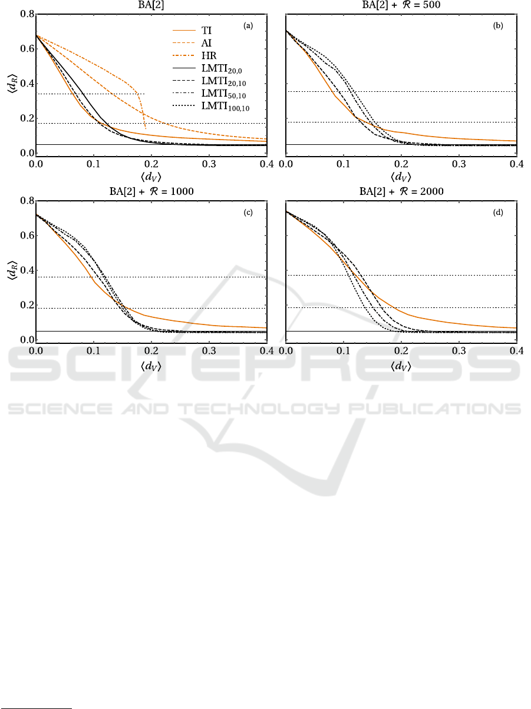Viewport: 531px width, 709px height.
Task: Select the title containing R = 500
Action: (401, 5)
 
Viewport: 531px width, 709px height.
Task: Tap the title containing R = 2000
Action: (401, 191)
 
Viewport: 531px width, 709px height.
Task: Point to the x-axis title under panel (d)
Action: (401, 365)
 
